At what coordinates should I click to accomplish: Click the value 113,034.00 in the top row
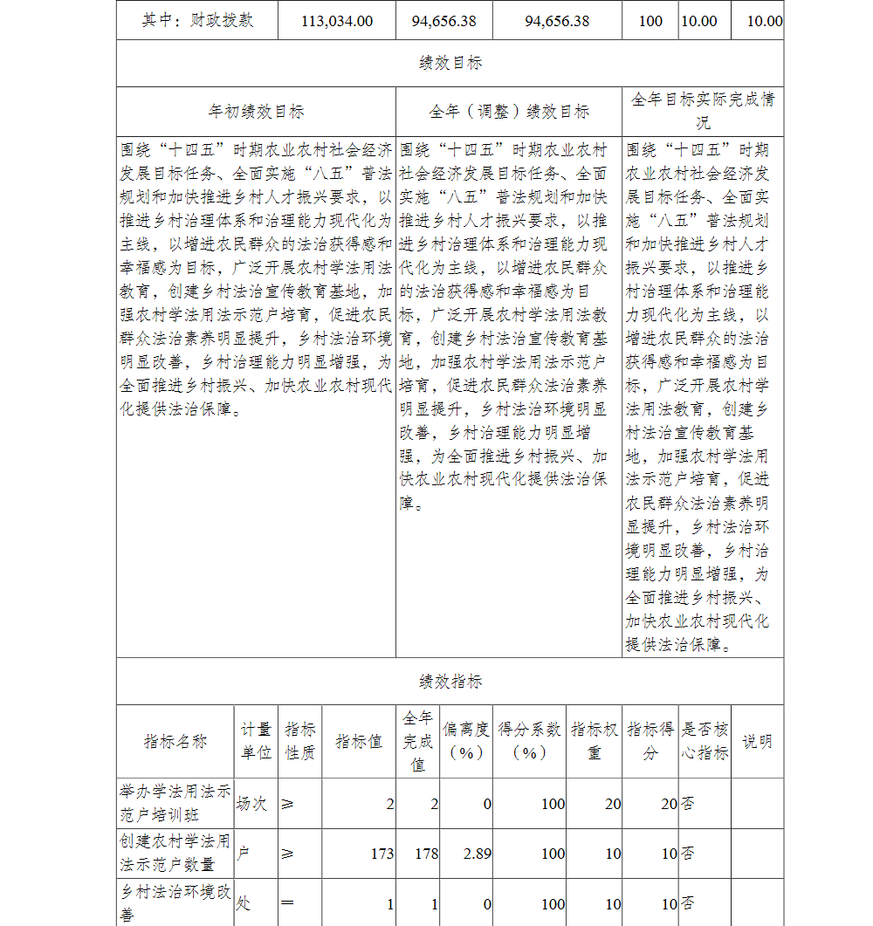coord(337,21)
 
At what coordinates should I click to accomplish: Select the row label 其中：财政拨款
coord(197,20)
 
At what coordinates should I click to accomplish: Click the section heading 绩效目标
coord(450,63)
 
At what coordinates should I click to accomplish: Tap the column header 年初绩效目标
coord(256,112)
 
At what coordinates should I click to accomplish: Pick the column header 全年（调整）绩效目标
coord(509,112)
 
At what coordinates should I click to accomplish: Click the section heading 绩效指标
coord(450,682)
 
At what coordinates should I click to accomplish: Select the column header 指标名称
coord(175,742)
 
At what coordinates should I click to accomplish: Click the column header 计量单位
coord(256,741)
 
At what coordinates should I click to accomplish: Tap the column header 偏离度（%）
coord(465,741)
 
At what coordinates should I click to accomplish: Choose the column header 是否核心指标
coord(705,741)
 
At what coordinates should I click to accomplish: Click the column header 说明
coord(757,742)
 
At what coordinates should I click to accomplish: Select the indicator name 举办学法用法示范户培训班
coord(175,803)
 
